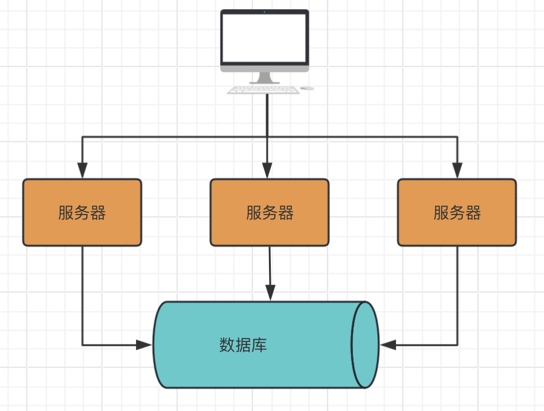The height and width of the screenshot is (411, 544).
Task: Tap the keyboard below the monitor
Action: (263, 90)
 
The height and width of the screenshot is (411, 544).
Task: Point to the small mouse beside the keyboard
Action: (307, 88)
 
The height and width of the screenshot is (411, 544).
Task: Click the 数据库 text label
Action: (243, 345)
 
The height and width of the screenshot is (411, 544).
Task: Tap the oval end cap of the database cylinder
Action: (365, 345)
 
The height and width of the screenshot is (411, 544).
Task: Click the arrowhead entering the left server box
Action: (82, 170)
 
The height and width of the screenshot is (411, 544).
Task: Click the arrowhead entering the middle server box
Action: (267, 170)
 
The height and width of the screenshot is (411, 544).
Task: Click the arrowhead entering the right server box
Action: (457, 170)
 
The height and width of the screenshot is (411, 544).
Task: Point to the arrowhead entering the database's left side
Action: (144, 345)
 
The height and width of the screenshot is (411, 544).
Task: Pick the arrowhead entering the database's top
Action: (270, 293)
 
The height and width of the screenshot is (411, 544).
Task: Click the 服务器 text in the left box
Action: (82, 213)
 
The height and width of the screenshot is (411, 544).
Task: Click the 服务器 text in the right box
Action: (457, 213)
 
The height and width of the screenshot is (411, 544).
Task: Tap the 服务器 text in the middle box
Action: (270, 213)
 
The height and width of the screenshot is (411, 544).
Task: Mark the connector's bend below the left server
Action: (82, 345)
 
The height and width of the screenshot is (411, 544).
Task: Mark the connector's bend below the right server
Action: (457, 345)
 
